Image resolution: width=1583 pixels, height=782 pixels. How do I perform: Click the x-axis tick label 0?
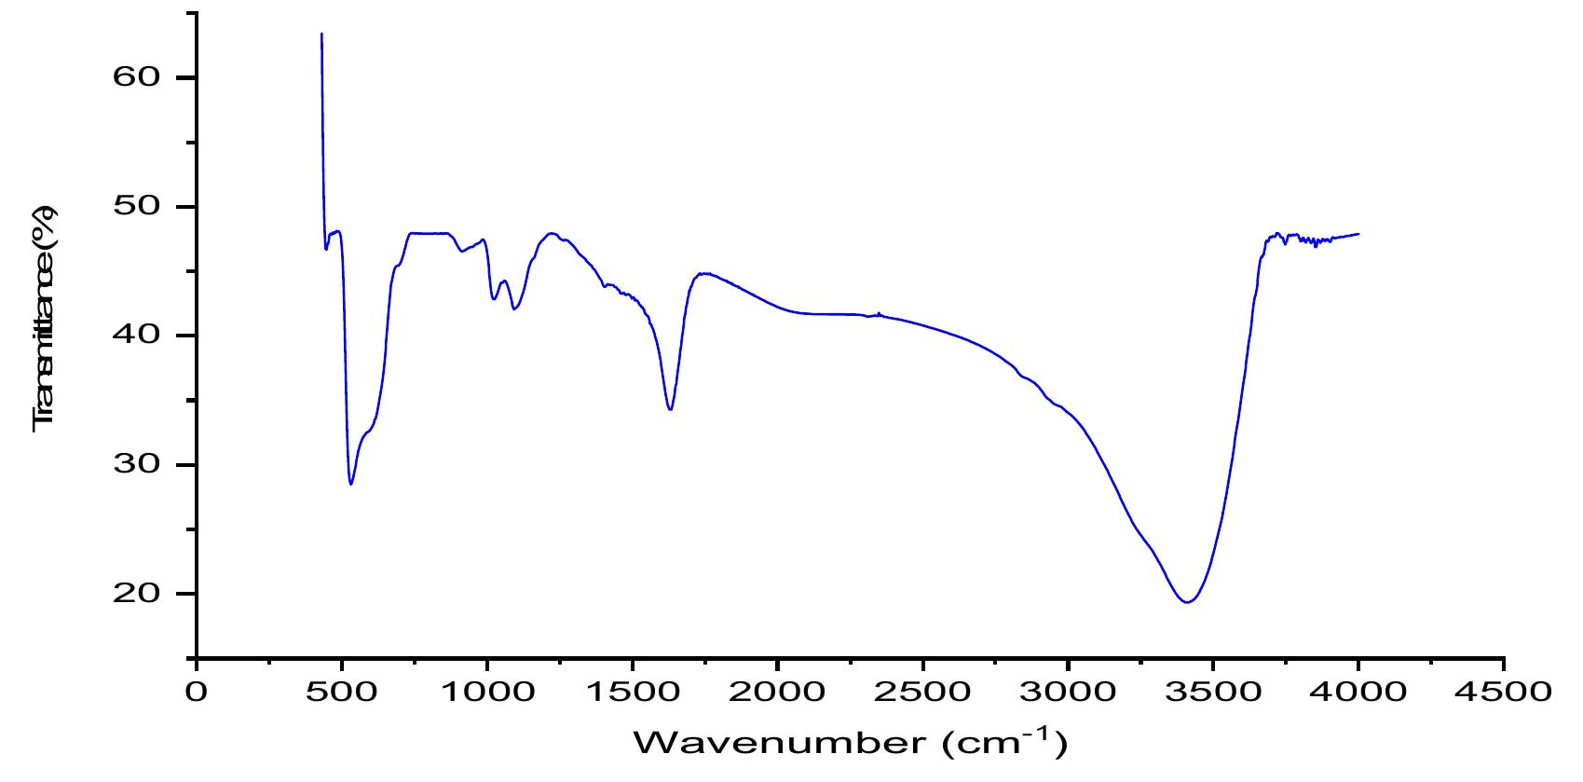click(197, 693)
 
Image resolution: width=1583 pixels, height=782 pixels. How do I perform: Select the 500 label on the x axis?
click(342, 693)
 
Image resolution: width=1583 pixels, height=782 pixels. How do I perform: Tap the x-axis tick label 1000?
click(486, 693)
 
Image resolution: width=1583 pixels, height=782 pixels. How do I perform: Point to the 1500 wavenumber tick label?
click(632, 693)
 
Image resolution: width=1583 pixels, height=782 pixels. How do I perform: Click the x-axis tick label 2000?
click(777, 693)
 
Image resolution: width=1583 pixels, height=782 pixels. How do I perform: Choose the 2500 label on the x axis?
click(922, 693)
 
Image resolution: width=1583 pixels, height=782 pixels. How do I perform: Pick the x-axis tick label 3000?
click(1067, 693)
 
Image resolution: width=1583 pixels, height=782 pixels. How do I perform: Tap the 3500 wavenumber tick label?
click(1212, 693)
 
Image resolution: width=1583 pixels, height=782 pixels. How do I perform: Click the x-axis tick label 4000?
click(1358, 693)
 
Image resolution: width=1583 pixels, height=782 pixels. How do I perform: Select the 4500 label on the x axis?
click(1503, 693)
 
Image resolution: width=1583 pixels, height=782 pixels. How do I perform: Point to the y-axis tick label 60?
click(137, 77)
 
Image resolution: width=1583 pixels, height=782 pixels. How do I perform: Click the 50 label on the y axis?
click(137, 206)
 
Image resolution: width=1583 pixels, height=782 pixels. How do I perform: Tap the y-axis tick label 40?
click(137, 336)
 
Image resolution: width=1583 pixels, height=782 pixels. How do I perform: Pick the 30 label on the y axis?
click(137, 464)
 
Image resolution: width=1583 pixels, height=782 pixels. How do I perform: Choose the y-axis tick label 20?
click(137, 594)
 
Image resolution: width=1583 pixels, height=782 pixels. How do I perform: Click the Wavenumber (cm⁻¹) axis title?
click(850, 743)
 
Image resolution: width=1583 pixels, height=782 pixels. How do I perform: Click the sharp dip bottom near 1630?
click(670, 409)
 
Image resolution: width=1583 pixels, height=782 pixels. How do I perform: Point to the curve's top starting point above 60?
click(321, 34)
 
